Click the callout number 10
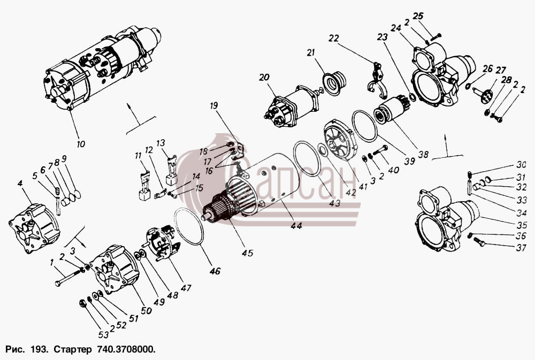81,144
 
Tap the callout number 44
296,225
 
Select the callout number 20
264,78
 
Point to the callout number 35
522,225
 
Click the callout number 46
215,271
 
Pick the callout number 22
334,38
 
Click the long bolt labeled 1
69,277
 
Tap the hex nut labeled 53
82,303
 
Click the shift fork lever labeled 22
377,79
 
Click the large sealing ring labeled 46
189,226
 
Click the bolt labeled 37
479,242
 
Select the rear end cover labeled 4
34,228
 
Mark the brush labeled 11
144,186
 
